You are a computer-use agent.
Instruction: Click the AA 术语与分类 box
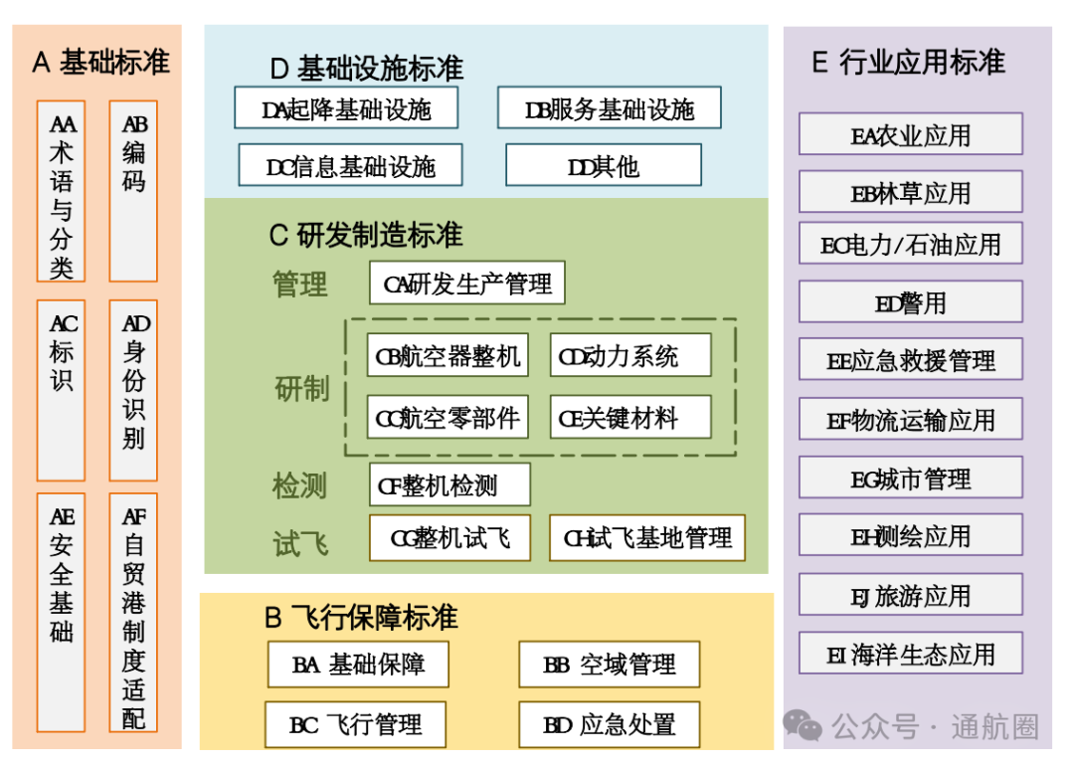pos(61,191)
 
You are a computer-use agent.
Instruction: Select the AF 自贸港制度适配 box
pos(133,613)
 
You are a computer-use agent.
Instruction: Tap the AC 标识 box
pos(61,390)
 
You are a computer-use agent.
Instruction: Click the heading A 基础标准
pos(100,62)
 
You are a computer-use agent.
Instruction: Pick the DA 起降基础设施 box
pos(346,108)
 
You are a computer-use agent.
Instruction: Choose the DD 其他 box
pos(603,165)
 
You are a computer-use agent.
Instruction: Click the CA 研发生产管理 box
pos(466,284)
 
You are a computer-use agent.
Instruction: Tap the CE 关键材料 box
pos(630,418)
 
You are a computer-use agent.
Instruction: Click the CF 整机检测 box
pos(449,484)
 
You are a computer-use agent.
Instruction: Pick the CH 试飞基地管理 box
pos(646,538)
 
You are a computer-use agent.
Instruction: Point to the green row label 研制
pos(301,388)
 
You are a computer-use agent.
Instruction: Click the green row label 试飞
pos(300,543)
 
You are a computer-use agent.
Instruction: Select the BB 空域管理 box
pos(609,665)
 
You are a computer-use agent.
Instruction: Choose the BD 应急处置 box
pos(609,724)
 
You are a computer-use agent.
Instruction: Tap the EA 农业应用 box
pos(910,134)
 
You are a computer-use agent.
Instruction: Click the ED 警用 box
pos(910,302)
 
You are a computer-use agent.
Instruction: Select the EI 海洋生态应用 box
pos(910,654)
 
